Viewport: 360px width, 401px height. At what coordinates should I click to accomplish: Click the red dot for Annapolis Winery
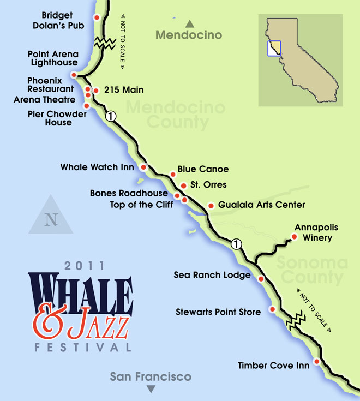[x=294, y=237]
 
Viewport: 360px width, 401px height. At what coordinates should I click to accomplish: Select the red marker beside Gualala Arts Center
[x=211, y=206]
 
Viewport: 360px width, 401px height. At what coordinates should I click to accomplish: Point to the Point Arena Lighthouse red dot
[x=74, y=76]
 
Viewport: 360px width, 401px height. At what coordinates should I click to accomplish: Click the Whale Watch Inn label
[x=97, y=167]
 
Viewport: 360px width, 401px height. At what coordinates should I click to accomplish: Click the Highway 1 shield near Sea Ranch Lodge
[x=236, y=244]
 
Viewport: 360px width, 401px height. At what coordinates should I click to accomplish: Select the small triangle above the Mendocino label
[x=189, y=23]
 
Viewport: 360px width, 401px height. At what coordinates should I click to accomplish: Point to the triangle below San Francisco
[x=151, y=389]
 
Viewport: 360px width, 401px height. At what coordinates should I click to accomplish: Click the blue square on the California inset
[x=274, y=48]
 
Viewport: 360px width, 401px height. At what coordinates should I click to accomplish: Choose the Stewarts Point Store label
[x=214, y=312]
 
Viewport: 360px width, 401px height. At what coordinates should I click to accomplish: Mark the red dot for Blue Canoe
[x=173, y=175]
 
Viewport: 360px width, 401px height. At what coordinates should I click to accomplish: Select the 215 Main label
[x=121, y=90]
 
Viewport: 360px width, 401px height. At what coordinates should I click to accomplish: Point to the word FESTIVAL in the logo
[x=82, y=347]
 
